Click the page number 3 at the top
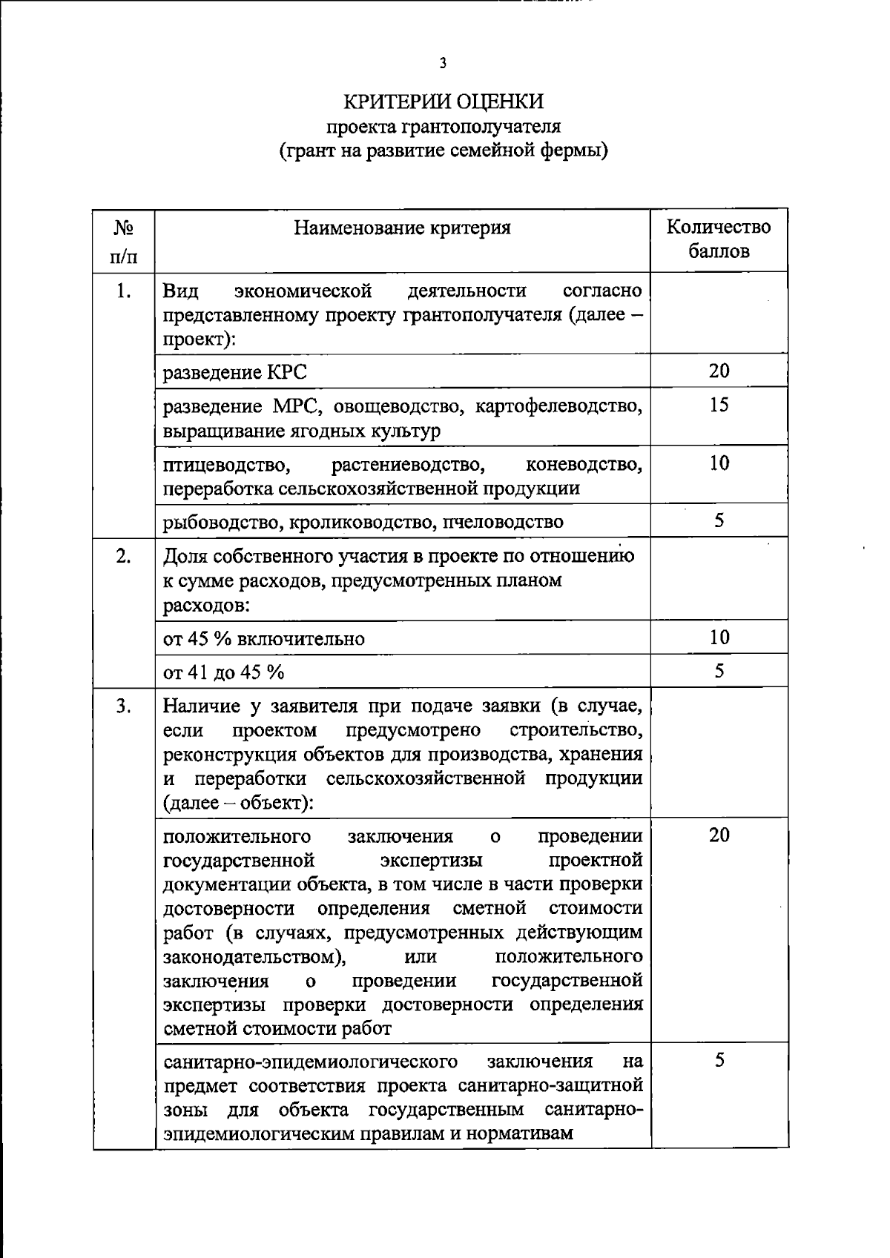click(x=443, y=63)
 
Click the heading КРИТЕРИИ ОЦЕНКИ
click(x=443, y=102)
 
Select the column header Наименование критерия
click(x=402, y=228)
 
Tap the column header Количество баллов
click(x=718, y=239)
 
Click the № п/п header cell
click(x=123, y=241)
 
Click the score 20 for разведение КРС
click(x=719, y=371)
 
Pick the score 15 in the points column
click(x=719, y=405)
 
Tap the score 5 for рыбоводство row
click(x=719, y=520)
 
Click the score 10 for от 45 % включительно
click(x=719, y=637)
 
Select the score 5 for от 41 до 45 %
click(x=719, y=671)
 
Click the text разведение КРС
click(x=234, y=372)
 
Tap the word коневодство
click(x=583, y=465)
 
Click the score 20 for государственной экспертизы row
click(x=719, y=835)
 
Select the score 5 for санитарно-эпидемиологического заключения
click(x=719, y=1060)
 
